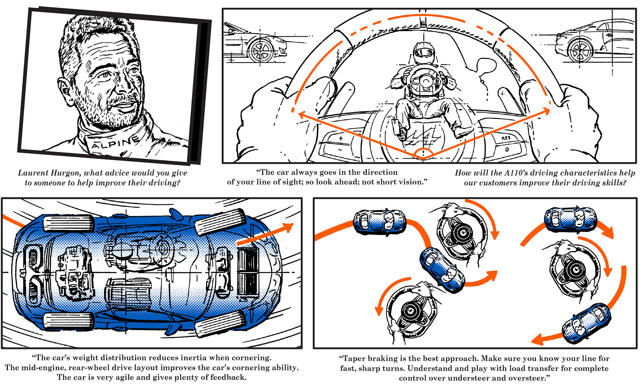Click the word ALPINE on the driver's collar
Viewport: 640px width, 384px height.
pos(115,143)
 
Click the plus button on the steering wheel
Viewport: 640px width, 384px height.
pos(341,138)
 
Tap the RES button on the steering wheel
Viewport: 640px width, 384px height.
pos(506,138)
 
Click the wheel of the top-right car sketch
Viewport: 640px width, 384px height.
pos(580,51)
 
